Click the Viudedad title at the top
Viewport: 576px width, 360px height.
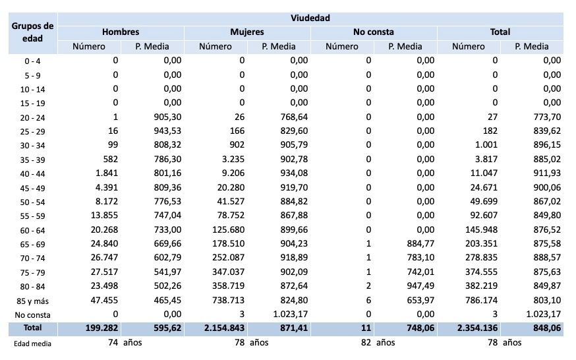click(310, 18)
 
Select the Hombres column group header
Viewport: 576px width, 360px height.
click(121, 32)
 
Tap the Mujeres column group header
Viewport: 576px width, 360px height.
click(247, 32)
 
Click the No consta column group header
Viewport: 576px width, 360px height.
click(374, 32)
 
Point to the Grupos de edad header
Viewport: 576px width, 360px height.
click(32, 32)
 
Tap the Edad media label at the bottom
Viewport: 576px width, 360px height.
click(32, 344)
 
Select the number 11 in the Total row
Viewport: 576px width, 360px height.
click(365, 328)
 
